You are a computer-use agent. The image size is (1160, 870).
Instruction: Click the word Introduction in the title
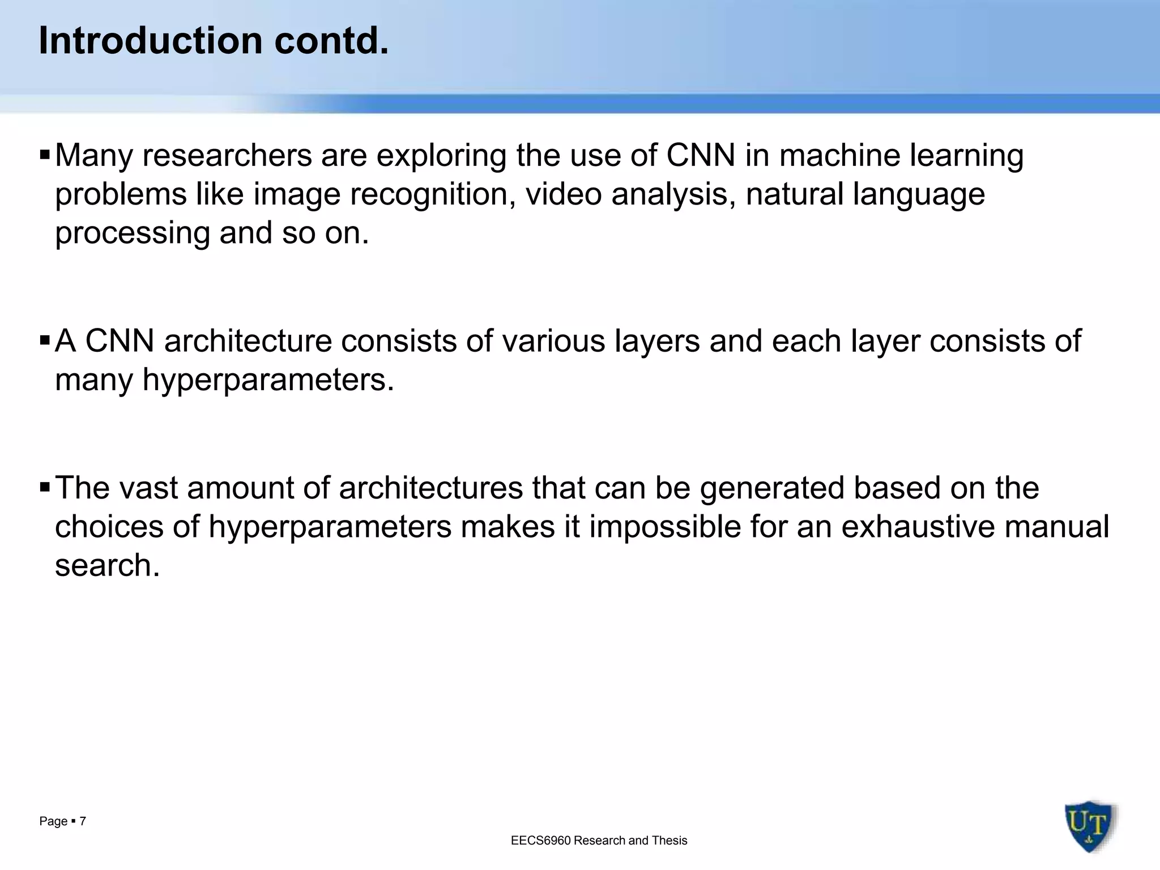[x=151, y=41]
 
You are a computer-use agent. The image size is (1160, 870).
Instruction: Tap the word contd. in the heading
[x=332, y=41]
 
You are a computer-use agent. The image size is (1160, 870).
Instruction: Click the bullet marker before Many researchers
[x=45, y=155]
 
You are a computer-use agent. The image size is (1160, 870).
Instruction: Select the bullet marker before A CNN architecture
[x=45, y=340]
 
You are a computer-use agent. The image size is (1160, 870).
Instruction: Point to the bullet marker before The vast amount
[x=45, y=487]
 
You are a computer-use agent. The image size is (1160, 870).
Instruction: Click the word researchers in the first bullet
[x=227, y=156]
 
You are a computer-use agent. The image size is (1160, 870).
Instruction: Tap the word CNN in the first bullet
[x=700, y=156]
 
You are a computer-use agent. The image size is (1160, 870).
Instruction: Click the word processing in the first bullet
[x=133, y=234]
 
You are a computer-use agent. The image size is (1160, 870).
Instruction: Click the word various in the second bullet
[x=553, y=342]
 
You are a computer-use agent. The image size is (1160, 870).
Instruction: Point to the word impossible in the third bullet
[x=664, y=527]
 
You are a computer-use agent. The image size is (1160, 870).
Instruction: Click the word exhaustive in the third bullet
[x=918, y=527]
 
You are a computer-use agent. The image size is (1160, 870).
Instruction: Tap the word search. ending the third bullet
[x=107, y=566]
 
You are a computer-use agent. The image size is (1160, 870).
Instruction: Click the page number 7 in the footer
[x=83, y=821]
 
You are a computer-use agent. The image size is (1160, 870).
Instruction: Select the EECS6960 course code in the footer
[x=540, y=841]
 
